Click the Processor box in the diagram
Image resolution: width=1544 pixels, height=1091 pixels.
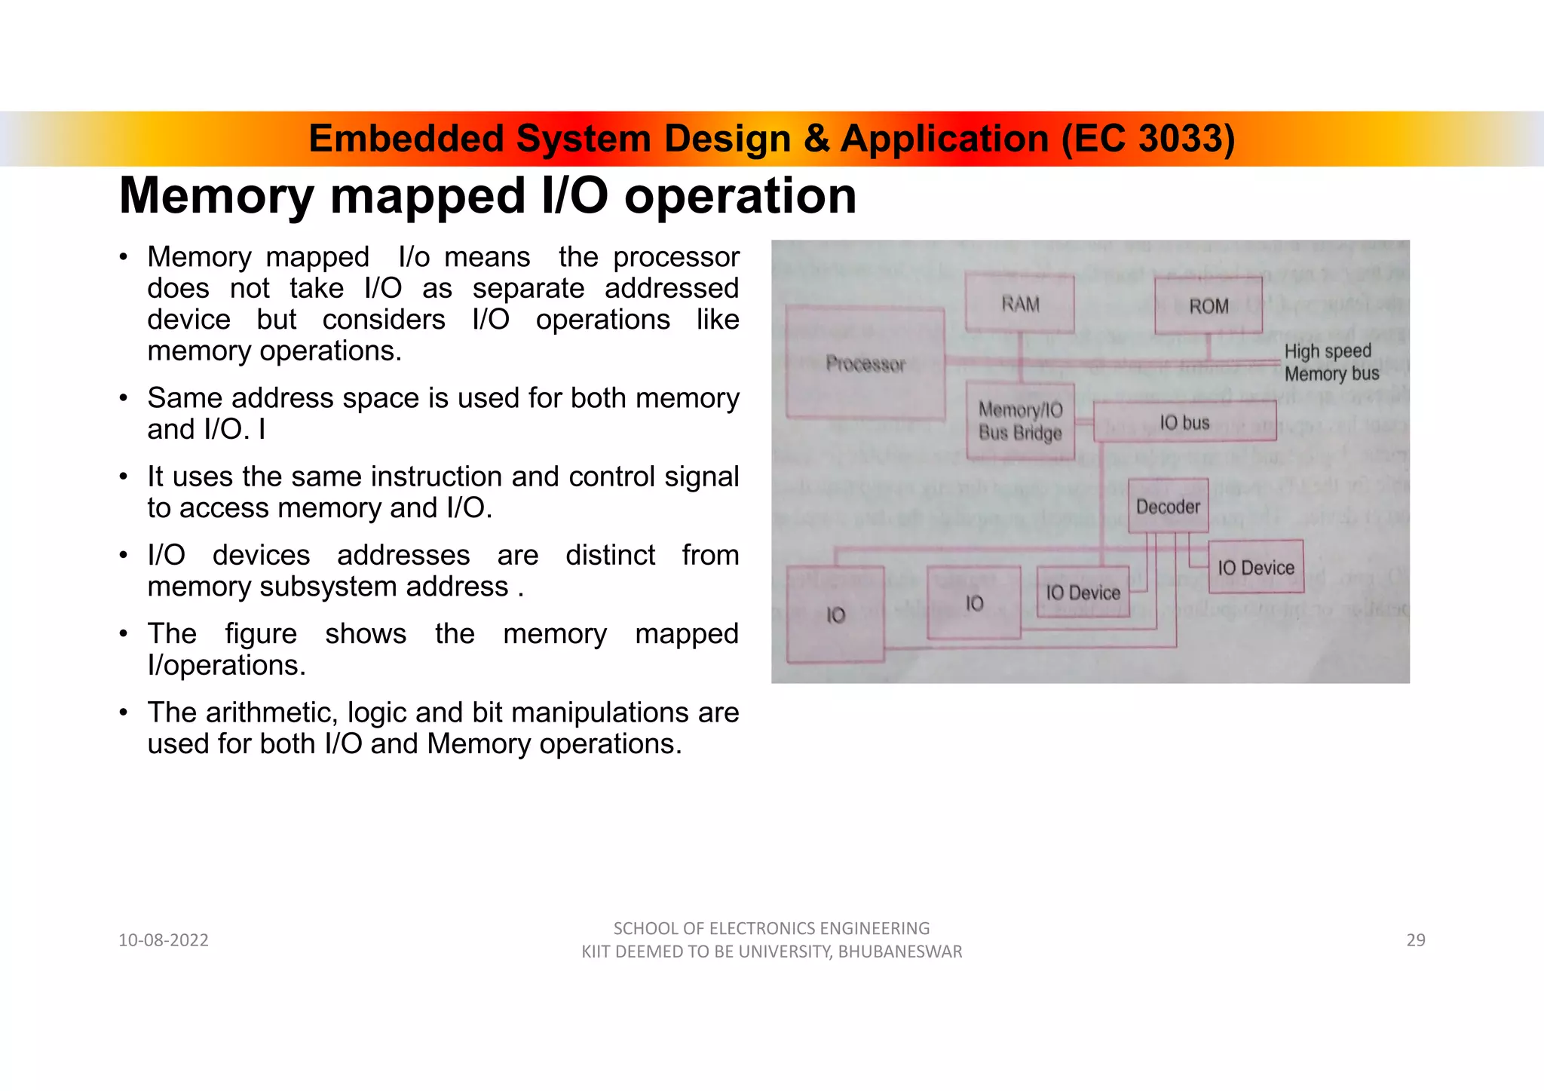pos(865,363)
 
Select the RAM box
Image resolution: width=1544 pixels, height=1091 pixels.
pos(1020,304)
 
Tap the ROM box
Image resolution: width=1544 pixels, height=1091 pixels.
pos(1209,306)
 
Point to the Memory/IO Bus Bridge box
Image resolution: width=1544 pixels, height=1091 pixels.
pos(1020,421)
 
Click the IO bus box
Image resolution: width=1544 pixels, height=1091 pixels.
pos(1184,422)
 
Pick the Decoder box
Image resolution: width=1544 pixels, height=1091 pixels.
pos(1168,507)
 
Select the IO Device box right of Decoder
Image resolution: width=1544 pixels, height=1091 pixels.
pos(1256,567)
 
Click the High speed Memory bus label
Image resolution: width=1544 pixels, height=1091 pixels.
pos(1331,363)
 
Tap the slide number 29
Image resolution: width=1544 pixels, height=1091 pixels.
pos(1416,940)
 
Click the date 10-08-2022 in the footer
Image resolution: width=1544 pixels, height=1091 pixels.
pos(164,940)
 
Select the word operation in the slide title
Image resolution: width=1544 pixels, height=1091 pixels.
pos(740,196)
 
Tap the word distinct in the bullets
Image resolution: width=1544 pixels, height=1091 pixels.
pos(611,556)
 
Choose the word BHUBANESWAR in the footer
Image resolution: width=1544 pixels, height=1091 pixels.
pos(900,952)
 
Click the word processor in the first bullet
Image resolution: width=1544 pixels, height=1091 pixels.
pos(676,257)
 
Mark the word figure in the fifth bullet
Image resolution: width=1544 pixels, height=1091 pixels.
pos(261,634)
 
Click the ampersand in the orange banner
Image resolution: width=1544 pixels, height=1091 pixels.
pos(816,139)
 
